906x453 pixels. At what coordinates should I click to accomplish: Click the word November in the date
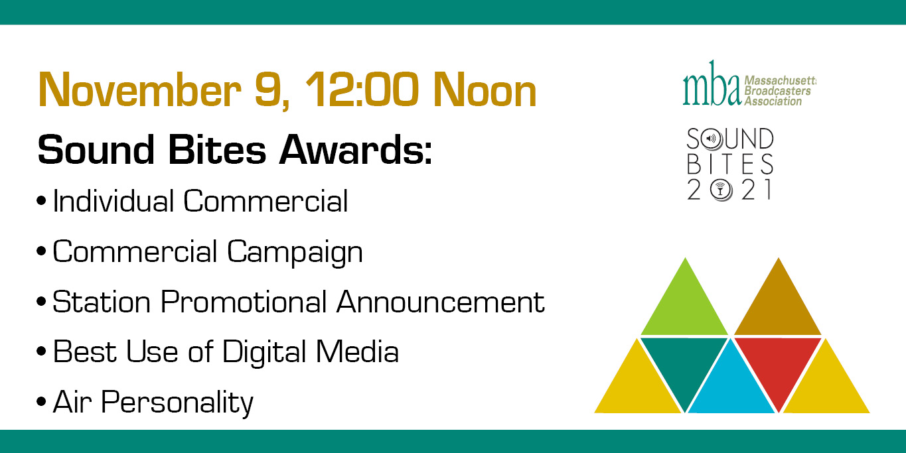(139, 90)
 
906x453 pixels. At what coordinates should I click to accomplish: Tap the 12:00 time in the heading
(362, 90)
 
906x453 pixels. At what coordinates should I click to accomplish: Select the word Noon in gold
(485, 90)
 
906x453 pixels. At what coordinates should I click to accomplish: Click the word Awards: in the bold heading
(356, 149)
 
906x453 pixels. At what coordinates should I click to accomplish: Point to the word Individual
(113, 201)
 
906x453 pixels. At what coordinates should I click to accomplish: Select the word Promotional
(244, 302)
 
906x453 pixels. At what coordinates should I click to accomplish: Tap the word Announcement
(441, 302)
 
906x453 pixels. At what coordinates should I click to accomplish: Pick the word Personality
(177, 403)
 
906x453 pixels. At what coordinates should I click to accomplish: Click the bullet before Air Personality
(41, 402)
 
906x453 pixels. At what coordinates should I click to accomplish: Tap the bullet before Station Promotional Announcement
(41, 301)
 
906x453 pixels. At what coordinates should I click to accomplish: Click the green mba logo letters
(712, 84)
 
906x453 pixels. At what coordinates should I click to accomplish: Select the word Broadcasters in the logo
(777, 91)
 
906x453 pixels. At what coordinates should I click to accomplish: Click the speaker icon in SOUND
(711, 139)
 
